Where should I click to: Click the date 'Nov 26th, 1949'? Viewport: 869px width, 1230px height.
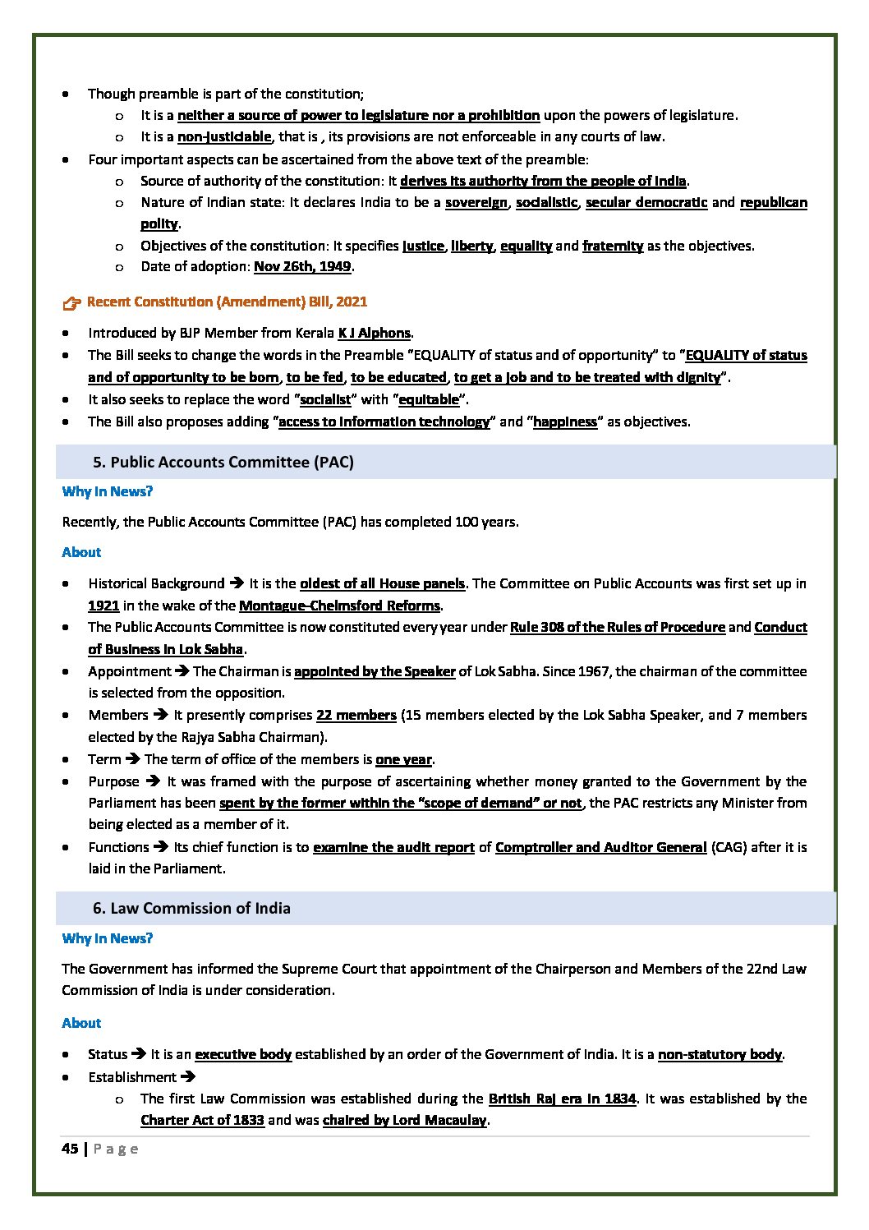[x=302, y=266]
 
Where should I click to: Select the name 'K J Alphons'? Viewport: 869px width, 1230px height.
[x=374, y=333]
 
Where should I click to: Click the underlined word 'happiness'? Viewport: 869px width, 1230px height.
[x=564, y=422]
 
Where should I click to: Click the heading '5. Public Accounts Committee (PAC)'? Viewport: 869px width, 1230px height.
[x=223, y=462]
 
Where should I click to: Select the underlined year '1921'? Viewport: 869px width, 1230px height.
[x=104, y=606]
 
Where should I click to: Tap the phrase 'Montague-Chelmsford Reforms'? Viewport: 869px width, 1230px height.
[x=340, y=606]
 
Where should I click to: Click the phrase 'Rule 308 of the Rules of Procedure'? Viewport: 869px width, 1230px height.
[x=617, y=627]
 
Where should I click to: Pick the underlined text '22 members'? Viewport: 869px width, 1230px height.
[x=356, y=715]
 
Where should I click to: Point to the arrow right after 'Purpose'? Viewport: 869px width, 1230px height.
[x=152, y=781]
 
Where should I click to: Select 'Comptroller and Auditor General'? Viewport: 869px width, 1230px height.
[x=600, y=846]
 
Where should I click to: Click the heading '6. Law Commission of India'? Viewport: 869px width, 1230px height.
[x=191, y=908]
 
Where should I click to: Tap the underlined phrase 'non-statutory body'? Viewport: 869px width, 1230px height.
[x=720, y=1054]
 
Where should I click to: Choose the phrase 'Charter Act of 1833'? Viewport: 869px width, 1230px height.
[x=202, y=1120]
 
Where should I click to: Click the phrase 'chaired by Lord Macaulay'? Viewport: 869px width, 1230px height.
[x=405, y=1120]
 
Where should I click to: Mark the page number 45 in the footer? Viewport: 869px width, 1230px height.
[x=70, y=1149]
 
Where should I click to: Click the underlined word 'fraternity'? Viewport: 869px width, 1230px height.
[x=613, y=246]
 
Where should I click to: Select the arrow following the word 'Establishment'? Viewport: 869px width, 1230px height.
[x=186, y=1076]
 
